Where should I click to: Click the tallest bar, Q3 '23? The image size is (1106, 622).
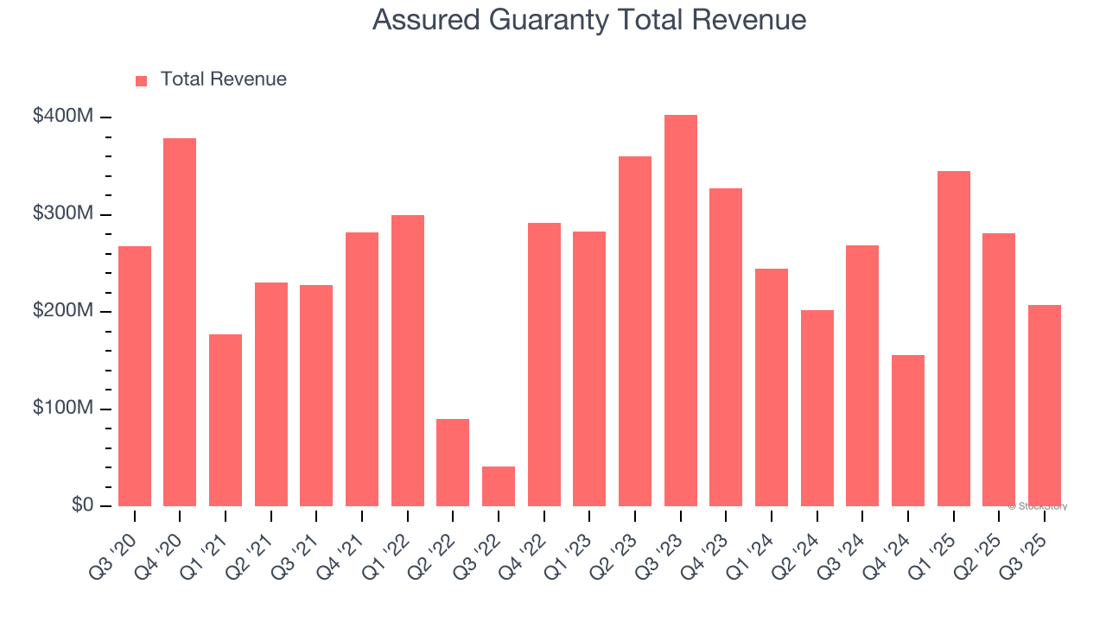click(680, 311)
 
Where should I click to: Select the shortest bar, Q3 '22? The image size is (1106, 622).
click(499, 486)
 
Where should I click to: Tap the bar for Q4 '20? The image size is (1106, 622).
click(180, 322)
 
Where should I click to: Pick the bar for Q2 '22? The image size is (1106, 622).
click(453, 463)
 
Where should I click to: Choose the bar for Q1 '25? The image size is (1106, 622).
click(953, 339)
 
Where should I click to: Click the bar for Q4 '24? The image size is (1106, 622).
click(908, 430)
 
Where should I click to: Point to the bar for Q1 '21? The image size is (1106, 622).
click(226, 420)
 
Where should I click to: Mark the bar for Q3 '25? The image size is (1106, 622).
click(1044, 405)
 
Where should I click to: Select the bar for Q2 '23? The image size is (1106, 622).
click(635, 331)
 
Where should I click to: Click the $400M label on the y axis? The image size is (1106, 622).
click(62, 117)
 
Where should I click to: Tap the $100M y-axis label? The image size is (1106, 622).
click(62, 409)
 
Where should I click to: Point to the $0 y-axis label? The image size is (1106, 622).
click(81, 505)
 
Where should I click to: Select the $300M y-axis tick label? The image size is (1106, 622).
click(62, 214)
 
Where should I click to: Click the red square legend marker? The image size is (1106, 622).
click(142, 80)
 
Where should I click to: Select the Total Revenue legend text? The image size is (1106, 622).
click(223, 79)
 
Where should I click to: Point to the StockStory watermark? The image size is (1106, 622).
click(1038, 506)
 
